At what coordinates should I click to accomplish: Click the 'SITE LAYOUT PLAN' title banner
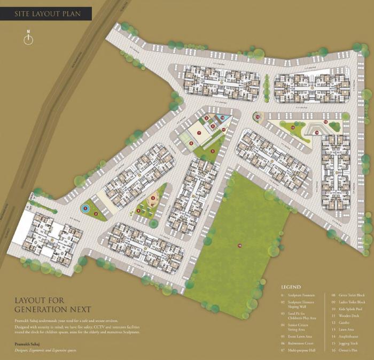pos(48,13)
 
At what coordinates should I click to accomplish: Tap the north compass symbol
pos(28,39)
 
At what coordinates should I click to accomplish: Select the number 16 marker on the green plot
pos(240,245)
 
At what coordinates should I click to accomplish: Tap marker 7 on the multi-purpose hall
pos(199,133)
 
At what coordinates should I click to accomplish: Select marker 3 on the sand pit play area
pos(153,198)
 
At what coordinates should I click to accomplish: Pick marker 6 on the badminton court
pos(191,143)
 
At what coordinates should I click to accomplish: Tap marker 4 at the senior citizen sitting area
pos(138,210)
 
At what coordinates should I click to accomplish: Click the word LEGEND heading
pos(290,287)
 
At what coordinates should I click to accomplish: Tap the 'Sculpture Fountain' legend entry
pos(303,295)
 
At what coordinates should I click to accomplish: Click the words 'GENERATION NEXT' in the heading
pos(52,310)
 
